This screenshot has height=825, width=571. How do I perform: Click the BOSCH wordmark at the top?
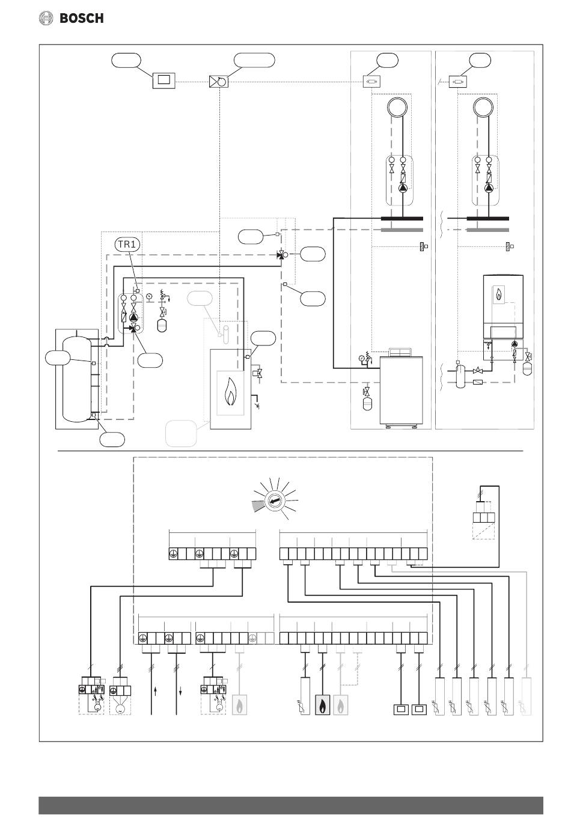[x=81, y=18]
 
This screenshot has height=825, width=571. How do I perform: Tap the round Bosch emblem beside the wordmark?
[x=46, y=18]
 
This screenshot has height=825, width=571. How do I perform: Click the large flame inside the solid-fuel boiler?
[x=230, y=392]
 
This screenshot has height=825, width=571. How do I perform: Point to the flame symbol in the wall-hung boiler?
[x=499, y=294]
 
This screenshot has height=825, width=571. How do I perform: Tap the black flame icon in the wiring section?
[x=322, y=705]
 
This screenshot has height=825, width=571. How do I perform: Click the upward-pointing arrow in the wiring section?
[x=156, y=692]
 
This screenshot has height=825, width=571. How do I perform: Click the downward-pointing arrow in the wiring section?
[x=180, y=692]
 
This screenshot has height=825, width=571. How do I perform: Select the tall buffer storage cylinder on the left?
[x=77, y=379]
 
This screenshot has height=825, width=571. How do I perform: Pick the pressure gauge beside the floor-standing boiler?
[x=361, y=358]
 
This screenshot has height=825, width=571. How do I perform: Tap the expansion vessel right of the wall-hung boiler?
[x=528, y=369]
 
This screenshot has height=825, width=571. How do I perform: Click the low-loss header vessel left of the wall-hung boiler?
[x=460, y=376]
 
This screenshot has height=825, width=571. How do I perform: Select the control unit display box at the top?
[x=164, y=81]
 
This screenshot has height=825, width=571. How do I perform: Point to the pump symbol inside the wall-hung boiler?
[x=515, y=344]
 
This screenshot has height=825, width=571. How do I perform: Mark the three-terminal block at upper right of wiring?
[x=483, y=517]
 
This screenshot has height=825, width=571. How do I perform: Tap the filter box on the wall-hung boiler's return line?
[x=478, y=382]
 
